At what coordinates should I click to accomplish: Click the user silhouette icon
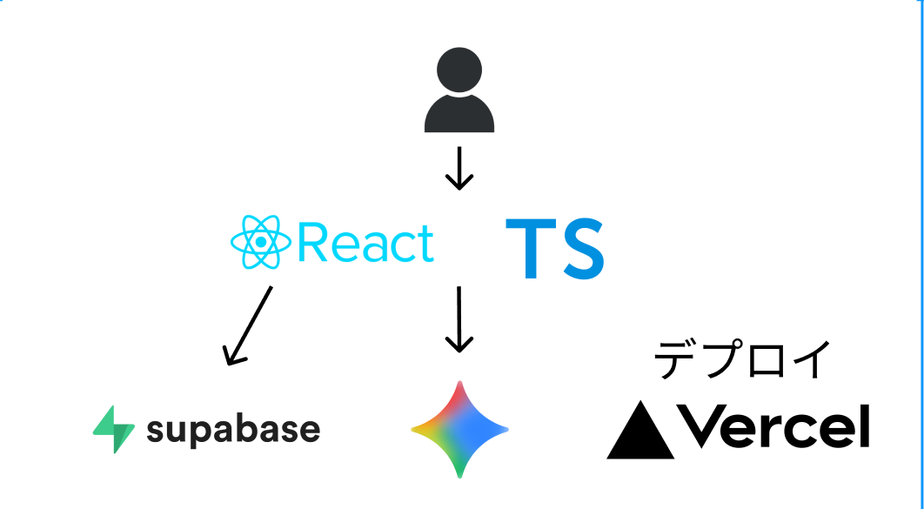459,91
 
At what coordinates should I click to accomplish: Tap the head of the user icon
459,69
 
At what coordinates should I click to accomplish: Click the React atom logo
260,242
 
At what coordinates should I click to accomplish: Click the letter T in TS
532,250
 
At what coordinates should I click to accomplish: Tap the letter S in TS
580,250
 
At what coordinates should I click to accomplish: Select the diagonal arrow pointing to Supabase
248,325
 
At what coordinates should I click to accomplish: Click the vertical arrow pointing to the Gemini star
459,319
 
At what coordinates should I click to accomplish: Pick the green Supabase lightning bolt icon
114,430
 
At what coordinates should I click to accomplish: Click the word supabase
232,430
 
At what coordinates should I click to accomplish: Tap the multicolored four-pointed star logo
459,430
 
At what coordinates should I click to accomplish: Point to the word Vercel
773,427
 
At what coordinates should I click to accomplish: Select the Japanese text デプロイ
743,360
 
